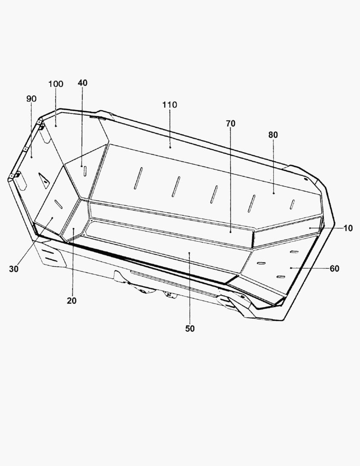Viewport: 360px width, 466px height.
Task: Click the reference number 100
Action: [x=56, y=84]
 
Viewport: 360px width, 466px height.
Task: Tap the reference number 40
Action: [x=83, y=83]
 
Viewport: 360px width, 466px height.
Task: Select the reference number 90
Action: [x=31, y=99]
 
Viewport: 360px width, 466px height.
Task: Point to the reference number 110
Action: [x=169, y=105]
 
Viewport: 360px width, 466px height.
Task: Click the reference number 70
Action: [x=231, y=124]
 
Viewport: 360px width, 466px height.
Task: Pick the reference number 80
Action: [x=273, y=135]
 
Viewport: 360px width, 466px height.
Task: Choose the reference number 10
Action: [x=348, y=228]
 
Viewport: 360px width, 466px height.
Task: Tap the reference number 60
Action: [x=335, y=269]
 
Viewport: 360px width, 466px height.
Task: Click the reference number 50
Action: [x=190, y=329]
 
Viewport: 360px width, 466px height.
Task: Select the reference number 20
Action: [x=72, y=301]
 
